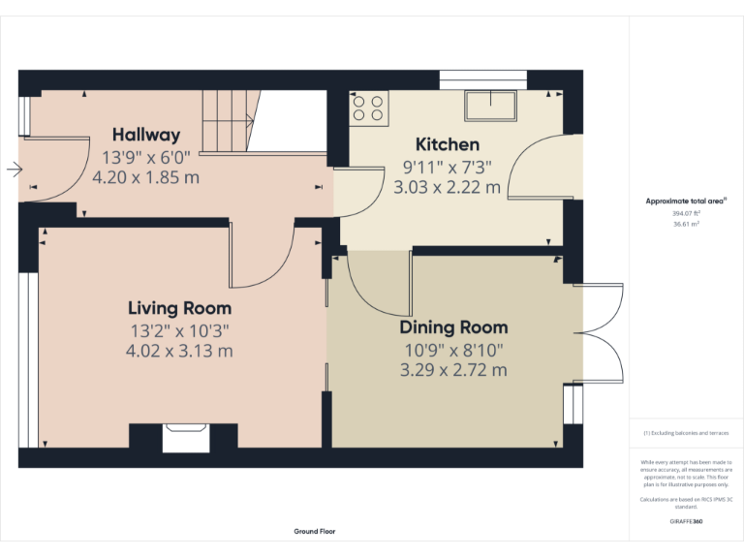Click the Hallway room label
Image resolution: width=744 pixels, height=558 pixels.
[x=145, y=135]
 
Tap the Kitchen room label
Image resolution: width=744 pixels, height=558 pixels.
[x=447, y=143]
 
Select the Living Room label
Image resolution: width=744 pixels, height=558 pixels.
[x=179, y=308]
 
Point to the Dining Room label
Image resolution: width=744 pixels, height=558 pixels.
[x=453, y=327]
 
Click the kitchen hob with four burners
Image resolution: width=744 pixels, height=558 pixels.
[x=369, y=108]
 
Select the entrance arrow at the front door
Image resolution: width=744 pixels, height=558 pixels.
[x=14, y=170]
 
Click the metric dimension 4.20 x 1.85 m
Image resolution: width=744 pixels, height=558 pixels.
[x=145, y=177]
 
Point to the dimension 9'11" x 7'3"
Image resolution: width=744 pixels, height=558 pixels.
[x=447, y=167]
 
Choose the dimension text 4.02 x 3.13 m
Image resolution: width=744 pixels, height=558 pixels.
[x=179, y=351]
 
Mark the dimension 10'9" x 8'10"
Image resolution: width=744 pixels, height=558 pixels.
[x=453, y=349]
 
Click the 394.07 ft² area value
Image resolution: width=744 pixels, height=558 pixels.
[x=686, y=212]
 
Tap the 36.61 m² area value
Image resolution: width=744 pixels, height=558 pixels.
[x=686, y=223]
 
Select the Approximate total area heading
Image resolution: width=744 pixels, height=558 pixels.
[x=686, y=201]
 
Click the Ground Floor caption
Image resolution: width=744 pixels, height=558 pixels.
[x=315, y=531]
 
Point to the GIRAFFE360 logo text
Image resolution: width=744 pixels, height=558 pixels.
[x=686, y=522]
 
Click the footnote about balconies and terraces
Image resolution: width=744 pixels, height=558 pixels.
[x=686, y=433]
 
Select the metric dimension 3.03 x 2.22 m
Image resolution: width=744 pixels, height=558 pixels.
[x=447, y=187]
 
